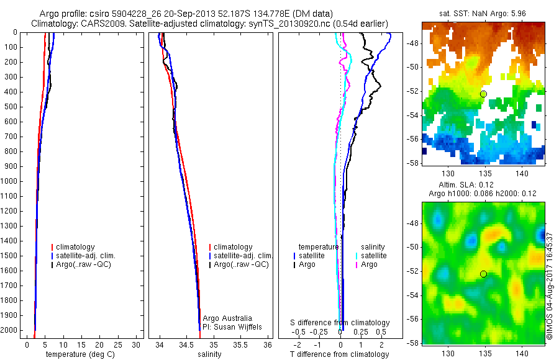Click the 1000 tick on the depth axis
[x=10, y=181]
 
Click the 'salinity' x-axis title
[x=209, y=354]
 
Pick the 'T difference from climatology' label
[x=339, y=354]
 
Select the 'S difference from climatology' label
[x=340, y=323]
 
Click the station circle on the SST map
[x=484, y=94]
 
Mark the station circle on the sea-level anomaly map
[x=484, y=274]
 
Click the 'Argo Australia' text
[x=227, y=318]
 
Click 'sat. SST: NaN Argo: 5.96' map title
[x=484, y=14]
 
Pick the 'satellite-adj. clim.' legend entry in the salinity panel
[x=242, y=256]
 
